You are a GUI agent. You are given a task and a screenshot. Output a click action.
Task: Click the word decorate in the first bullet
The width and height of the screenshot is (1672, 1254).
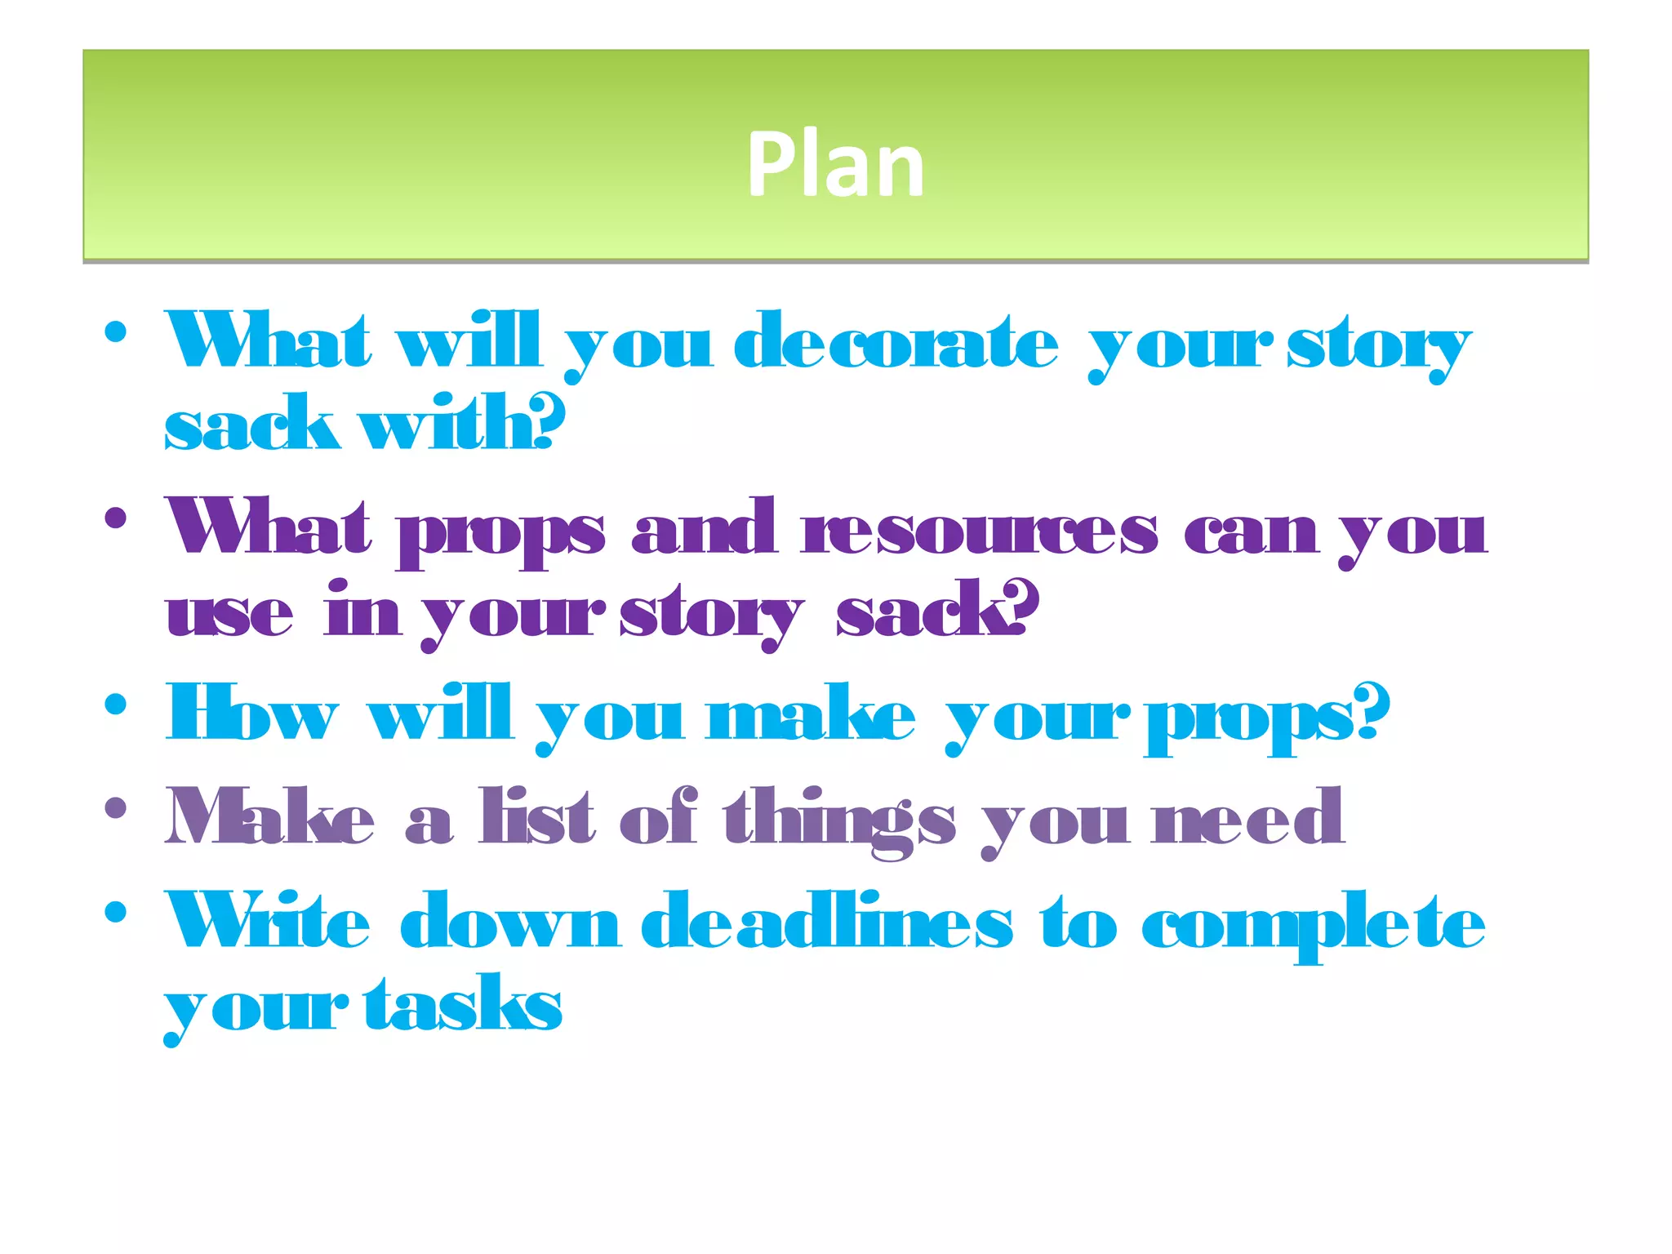pyautogui.click(x=896, y=343)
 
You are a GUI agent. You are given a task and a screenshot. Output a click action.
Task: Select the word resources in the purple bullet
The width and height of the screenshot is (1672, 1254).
pyautogui.click(x=979, y=529)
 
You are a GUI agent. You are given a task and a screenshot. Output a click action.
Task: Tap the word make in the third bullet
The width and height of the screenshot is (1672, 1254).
pyautogui.click(x=812, y=714)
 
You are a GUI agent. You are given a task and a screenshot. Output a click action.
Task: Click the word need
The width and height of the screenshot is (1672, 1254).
pyautogui.click(x=1247, y=817)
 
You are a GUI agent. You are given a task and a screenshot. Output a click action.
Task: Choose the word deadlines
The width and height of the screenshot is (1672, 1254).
pyautogui.click(x=827, y=922)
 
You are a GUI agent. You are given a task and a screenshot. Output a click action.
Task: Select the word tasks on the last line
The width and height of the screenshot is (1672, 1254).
pyautogui.click(x=463, y=1003)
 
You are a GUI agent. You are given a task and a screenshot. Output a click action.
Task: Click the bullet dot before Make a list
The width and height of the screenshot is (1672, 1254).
pyautogui.click(x=116, y=808)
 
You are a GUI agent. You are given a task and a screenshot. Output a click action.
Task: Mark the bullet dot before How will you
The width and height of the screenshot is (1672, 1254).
pyautogui.click(x=116, y=704)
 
